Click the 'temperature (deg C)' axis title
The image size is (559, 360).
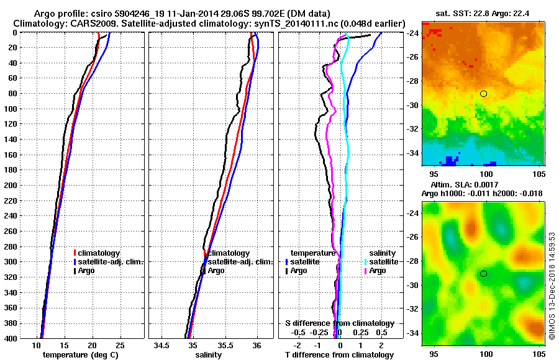pos(80,355)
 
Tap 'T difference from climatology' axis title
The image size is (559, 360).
pos(339,355)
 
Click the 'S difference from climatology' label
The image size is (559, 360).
pos(339,323)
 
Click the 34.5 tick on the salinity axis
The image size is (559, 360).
pos(161,346)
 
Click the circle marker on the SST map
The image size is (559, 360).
pos(483,94)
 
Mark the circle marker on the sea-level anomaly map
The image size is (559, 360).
pos(483,274)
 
